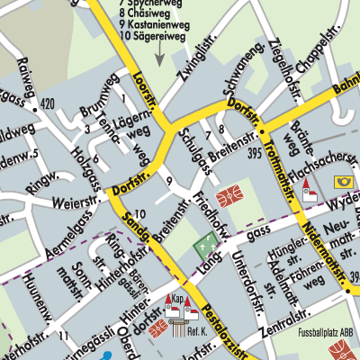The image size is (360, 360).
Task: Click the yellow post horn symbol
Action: [343, 181]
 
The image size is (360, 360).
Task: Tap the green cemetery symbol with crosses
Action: [206, 242]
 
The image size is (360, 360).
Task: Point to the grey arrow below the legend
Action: [158, 56]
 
